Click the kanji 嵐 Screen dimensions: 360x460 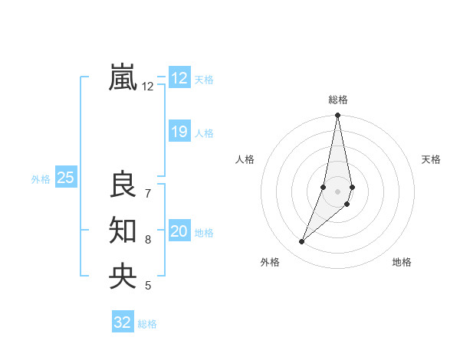click(x=123, y=77)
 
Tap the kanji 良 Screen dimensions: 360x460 click(x=123, y=185)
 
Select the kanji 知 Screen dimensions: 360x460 click(x=123, y=230)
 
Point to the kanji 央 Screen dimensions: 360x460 click(x=123, y=276)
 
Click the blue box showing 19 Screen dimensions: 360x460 click(x=179, y=132)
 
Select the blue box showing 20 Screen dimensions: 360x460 click(x=179, y=231)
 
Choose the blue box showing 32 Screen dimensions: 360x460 click(x=123, y=322)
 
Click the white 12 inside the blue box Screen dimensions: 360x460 click(x=179, y=78)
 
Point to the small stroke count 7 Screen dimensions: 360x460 click(x=148, y=194)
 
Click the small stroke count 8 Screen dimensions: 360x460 click(x=148, y=240)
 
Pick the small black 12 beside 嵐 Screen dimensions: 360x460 click(x=148, y=87)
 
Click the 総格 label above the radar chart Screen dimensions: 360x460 click(x=338, y=100)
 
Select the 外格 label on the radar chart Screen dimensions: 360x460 click(x=270, y=262)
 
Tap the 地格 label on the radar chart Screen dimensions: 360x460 click(x=402, y=262)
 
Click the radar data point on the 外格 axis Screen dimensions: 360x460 click(x=301, y=242)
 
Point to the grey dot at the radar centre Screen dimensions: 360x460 click(x=338, y=191)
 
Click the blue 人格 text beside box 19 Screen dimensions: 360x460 click(x=204, y=133)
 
